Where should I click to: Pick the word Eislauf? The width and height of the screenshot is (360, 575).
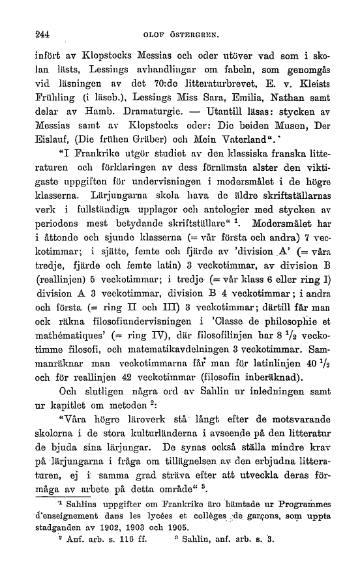click(50, 155)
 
